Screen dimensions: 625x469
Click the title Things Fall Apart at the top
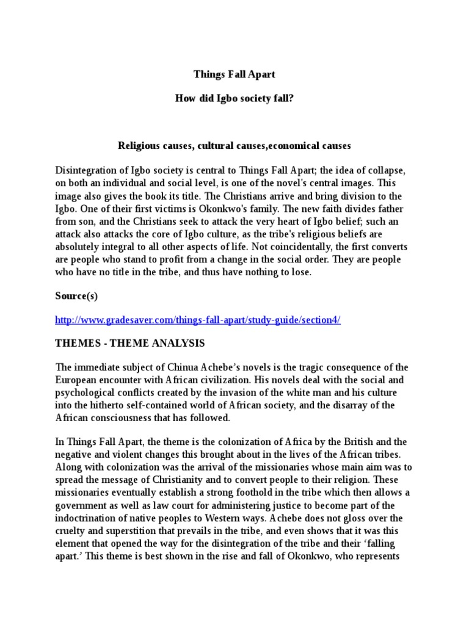pos(234,74)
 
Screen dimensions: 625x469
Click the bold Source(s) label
pos(76,296)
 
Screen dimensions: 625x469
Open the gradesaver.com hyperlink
pos(198,320)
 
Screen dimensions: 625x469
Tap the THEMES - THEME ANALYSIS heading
pos(130,343)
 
